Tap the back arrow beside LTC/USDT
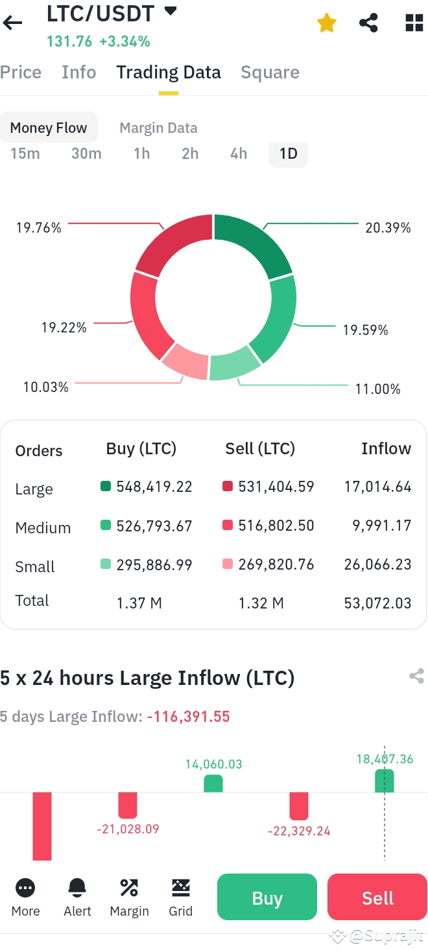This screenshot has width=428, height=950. [12, 23]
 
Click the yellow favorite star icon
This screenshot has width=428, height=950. [327, 24]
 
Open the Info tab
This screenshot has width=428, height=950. [78, 73]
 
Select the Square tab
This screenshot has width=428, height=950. [270, 73]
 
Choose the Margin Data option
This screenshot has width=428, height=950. [158, 128]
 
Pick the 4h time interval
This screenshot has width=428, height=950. [239, 154]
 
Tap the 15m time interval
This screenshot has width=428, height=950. [25, 154]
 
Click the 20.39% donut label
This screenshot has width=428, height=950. [388, 227]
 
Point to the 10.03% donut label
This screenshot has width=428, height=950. [46, 387]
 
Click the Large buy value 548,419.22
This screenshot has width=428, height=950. [154, 487]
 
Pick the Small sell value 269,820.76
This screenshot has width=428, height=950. [276, 564]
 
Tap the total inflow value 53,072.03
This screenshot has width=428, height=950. [377, 603]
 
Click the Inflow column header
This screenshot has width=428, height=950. [386, 448]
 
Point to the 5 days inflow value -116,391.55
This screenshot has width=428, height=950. [188, 716]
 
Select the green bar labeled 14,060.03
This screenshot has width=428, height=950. [213, 783]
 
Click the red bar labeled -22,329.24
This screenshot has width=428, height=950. [299, 805]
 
